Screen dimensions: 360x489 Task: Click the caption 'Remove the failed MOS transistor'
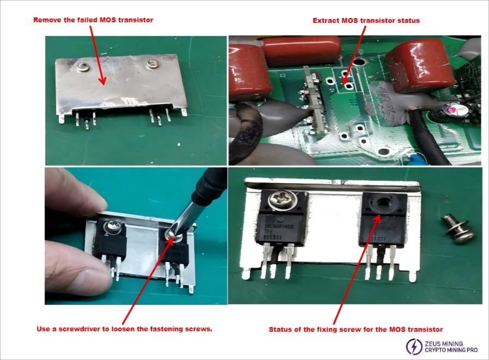[x=93, y=20]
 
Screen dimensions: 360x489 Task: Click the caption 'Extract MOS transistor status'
[x=366, y=20]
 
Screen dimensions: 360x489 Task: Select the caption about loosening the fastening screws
[x=124, y=329]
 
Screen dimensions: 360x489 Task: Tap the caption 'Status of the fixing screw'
[x=356, y=329]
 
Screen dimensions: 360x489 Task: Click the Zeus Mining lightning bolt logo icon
[x=414, y=345]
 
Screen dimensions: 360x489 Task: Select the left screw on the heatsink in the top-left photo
[x=84, y=66]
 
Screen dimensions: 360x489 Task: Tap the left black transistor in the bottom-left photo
[x=112, y=242]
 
